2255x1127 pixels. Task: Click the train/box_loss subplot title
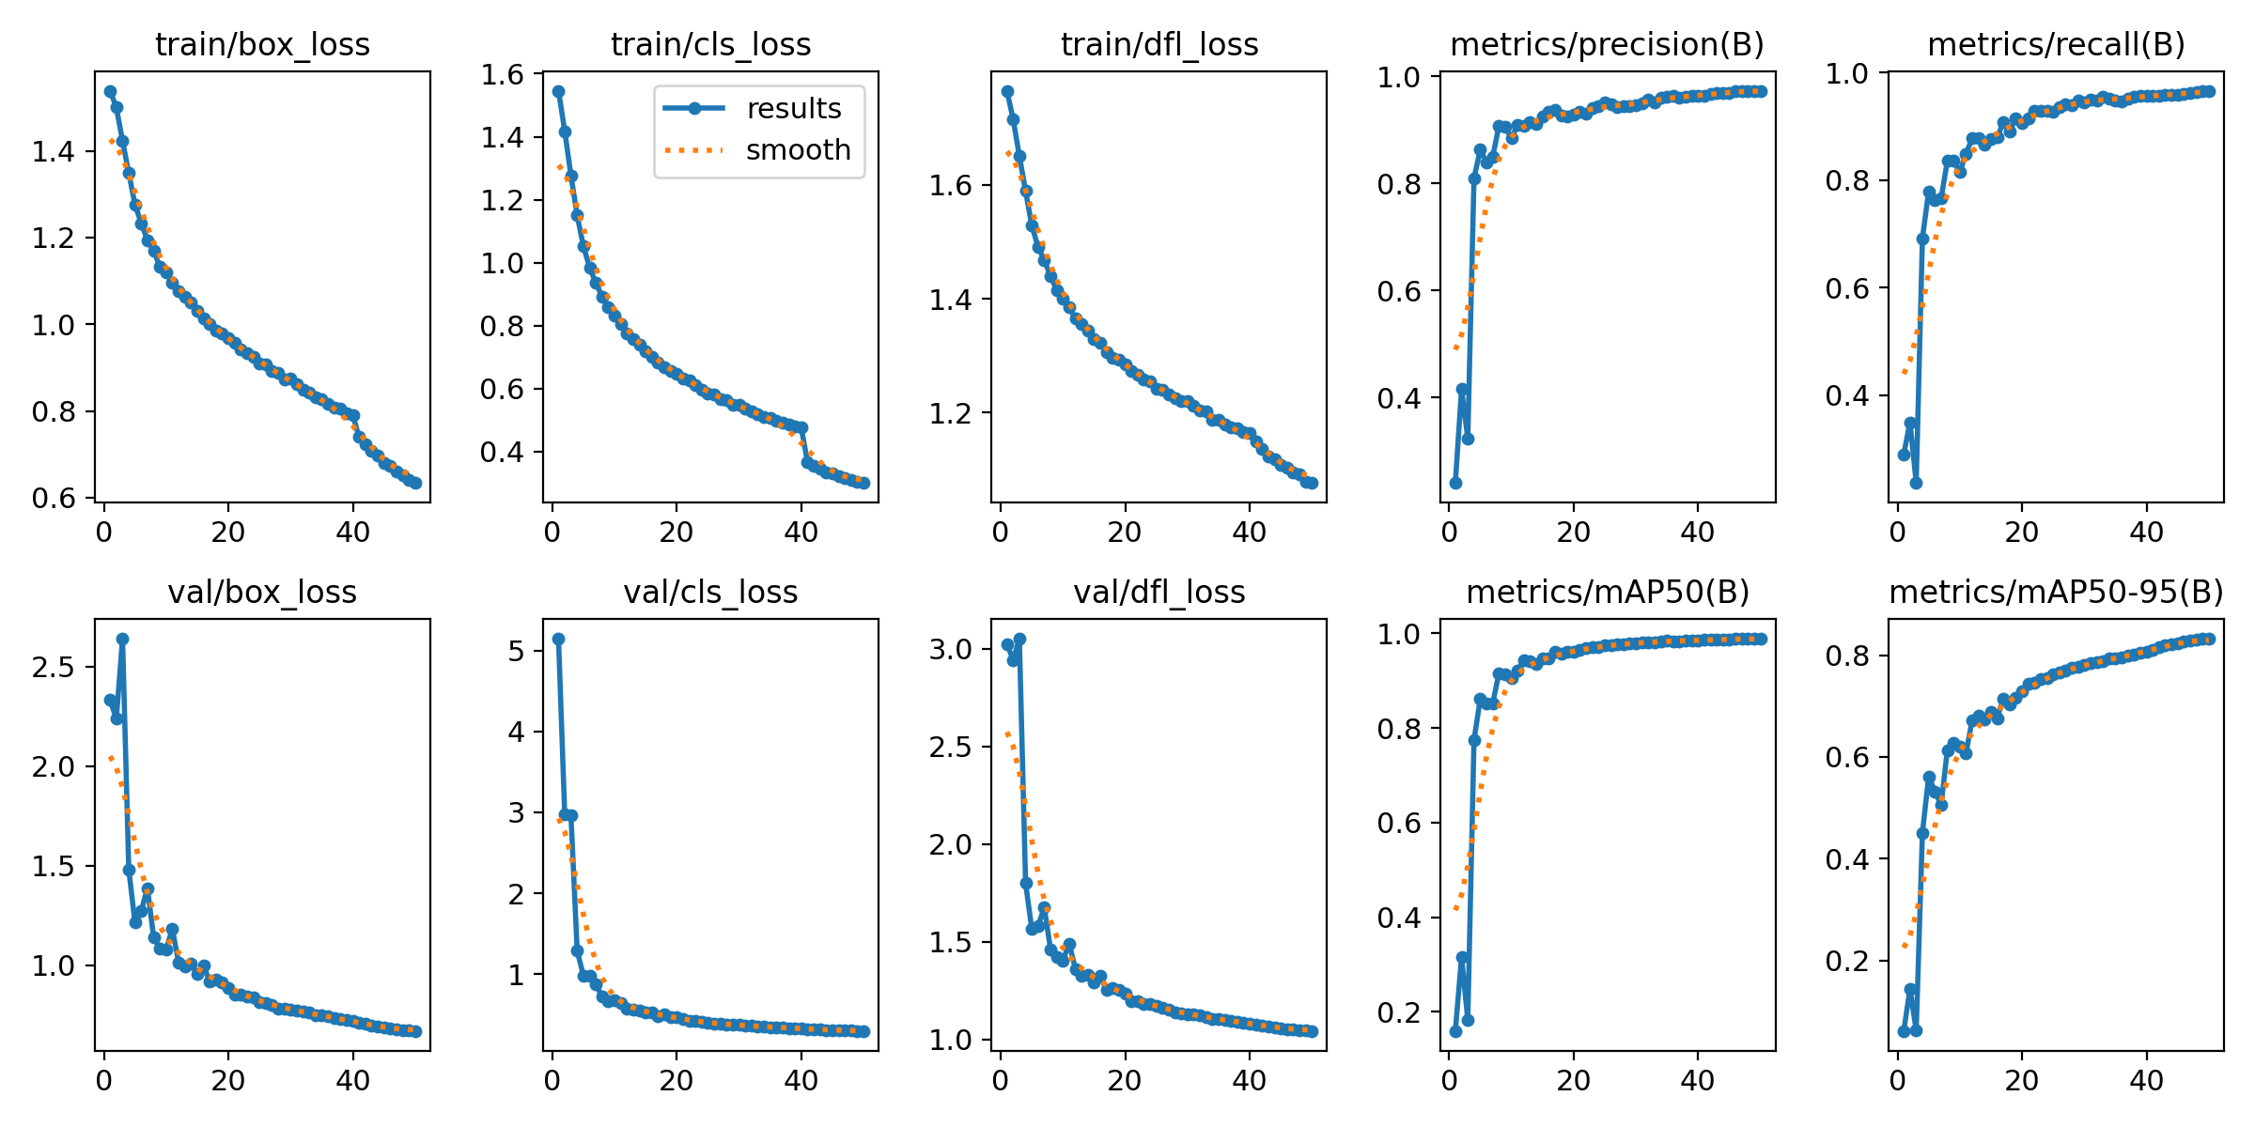pos(262,45)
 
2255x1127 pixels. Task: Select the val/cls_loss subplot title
pos(710,593)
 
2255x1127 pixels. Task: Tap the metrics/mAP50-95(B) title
pos(2056,593)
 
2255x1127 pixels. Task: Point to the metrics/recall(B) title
pos(2056,45)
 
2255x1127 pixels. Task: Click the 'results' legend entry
pos(794,109)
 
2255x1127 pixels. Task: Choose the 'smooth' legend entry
pos(798,150)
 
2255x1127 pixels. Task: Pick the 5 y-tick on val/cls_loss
pos(517,650)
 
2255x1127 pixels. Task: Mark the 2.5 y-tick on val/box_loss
pos(53,667)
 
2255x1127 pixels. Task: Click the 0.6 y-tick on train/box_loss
pos(53,498)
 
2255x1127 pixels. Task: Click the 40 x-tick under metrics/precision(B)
pos(1697,533)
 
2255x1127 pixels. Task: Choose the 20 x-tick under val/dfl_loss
pos(1125,1081)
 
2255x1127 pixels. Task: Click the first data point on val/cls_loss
pos(558,639)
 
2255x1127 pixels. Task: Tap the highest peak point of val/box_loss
pos(122,639)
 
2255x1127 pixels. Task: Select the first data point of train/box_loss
pos(110,92)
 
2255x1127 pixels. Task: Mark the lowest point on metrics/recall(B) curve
pos(1916,483)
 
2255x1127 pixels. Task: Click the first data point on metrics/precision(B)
pos(1455,483)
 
